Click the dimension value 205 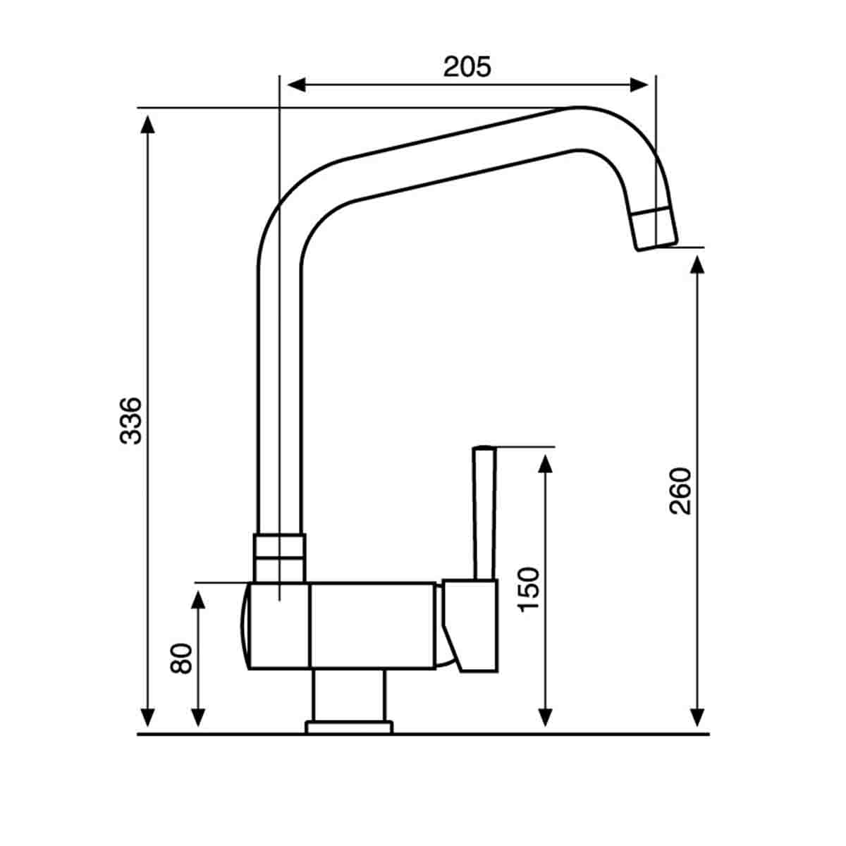pyautogui.click(x=467, y=67)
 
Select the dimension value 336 pyautogui.click(x=131, y=421)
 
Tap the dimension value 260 pyautogui.click(x=680, y=491)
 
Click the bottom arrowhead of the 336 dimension pyautogui.click(x=147, y=718)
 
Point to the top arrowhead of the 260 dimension pyautogui.click(x=697, y=264)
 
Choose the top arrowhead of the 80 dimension pyautogui.click(x=199, y=599)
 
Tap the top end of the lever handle pyautogui.click(x=484, y=449)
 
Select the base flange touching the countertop pyautogui.click(x=348, y=726)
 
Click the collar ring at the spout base pyautogui.click(x=280, y=557)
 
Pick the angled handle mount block pyautogui.click(x=471, y=624)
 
